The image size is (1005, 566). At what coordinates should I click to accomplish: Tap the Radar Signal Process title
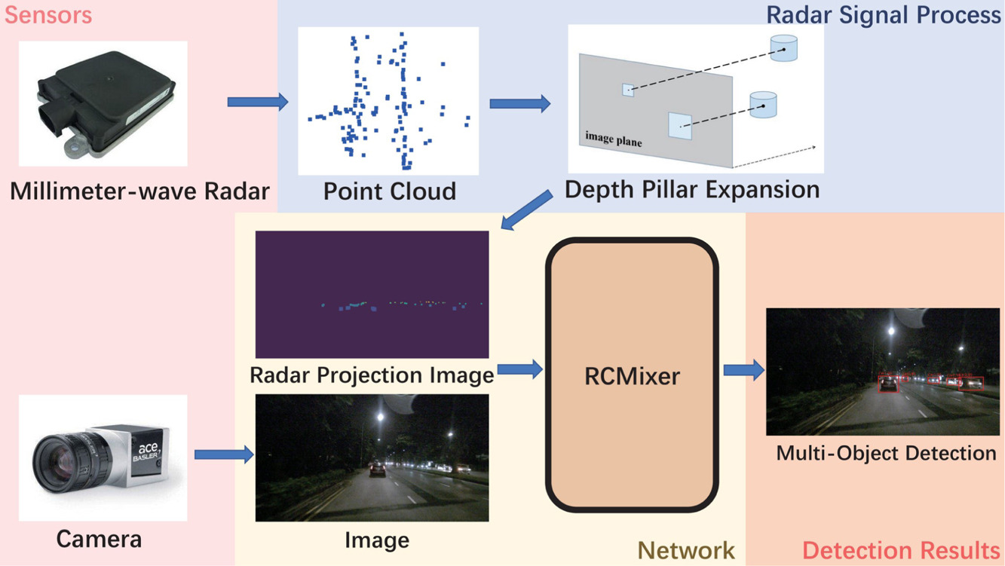pos(884,15)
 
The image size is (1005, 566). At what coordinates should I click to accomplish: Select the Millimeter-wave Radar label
pos(139,191)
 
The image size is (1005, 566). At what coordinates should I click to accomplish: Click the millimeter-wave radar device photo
pos(103,103)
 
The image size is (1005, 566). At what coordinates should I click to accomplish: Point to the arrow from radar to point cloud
pos(257,101)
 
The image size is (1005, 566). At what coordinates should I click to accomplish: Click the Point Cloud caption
pos(389,191)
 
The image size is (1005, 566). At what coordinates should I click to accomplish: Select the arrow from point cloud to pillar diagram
pos(520,104)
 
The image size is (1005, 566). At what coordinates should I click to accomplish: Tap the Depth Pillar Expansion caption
pos(692,189)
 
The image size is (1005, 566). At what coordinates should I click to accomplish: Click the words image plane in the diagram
pos(614,139)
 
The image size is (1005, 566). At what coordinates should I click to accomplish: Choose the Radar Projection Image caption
pos(372,374)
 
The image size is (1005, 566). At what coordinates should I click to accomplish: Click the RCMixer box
pos(632,375)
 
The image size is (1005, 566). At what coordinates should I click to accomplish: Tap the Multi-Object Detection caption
pos(886,453)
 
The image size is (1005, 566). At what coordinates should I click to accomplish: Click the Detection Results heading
pos(901,549)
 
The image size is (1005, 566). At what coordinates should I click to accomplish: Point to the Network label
pos(686,549)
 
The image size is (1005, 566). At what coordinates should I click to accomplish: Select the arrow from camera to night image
pos(223,454)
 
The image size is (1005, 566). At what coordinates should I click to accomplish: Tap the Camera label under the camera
pos(99,539)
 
